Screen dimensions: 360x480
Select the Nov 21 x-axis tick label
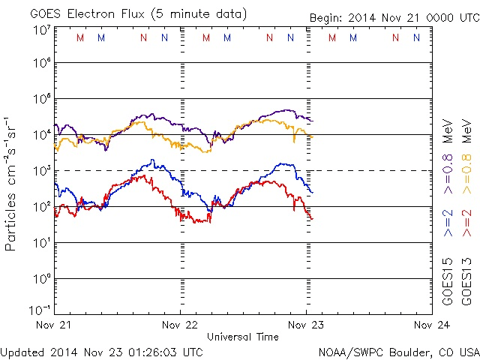[53, 325]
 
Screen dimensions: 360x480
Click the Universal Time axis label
[242, 337]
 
